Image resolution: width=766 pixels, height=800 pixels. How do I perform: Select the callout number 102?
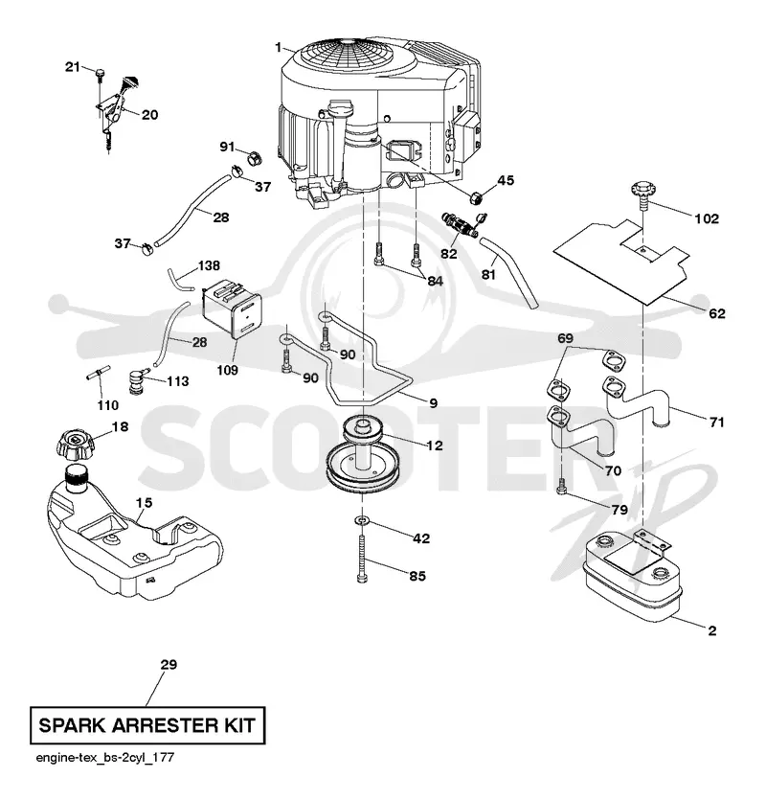point(707,218)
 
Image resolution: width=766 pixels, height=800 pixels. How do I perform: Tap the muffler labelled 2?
point(632,577)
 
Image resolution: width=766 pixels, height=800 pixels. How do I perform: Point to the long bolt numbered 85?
point(362,559)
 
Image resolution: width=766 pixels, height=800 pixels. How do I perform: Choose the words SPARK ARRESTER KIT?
point(147,725)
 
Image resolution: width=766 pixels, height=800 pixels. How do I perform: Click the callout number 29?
point(169,664)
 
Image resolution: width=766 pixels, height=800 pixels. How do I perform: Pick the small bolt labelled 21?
point(99,74)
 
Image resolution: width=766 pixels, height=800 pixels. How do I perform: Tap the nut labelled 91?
point(255,158)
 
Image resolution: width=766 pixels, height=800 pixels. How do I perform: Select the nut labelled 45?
point(476,195)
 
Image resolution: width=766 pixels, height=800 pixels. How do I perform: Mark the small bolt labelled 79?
point(561,486)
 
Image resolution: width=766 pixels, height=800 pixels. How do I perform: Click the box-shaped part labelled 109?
point(232,309)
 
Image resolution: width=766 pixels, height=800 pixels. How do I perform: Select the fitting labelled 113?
point(137,382)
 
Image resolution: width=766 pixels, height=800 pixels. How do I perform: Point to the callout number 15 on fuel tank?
point(144,503)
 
